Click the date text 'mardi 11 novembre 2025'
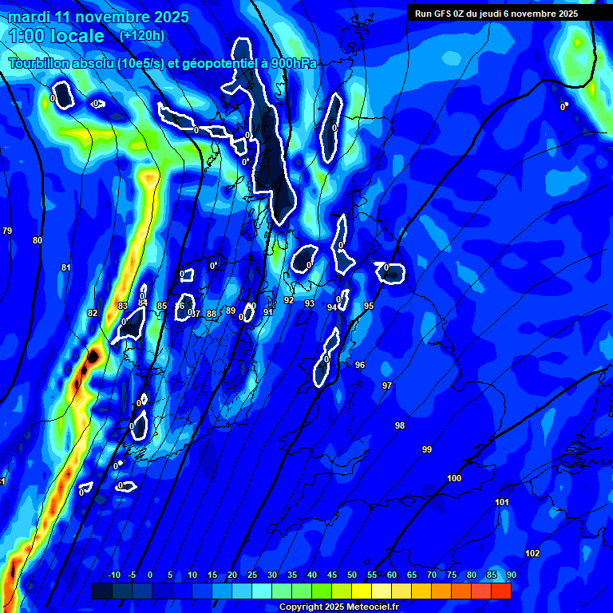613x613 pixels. tap(98, 17)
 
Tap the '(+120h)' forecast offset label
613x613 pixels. tap(141, 35)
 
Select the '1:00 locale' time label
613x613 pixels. tap(56, 36)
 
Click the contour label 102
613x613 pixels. tap(532, 553)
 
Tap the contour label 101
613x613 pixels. tap(502, 502)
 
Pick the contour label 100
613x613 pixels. tap(454, 478)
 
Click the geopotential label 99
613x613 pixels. tap(427, 449)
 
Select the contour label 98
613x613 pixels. tap(400, 425)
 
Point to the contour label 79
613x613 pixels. tap(7, 231)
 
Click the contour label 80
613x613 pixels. tap(38, 240)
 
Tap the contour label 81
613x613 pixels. tap(66, 267)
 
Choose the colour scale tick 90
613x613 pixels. tap(511, 575)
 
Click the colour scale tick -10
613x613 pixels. tap(113, 575)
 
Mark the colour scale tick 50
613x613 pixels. tap(351, 575)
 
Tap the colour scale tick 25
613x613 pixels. tap(251, 575)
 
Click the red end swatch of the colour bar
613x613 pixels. tap(501, 591)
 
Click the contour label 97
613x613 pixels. tap(387, 386)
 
